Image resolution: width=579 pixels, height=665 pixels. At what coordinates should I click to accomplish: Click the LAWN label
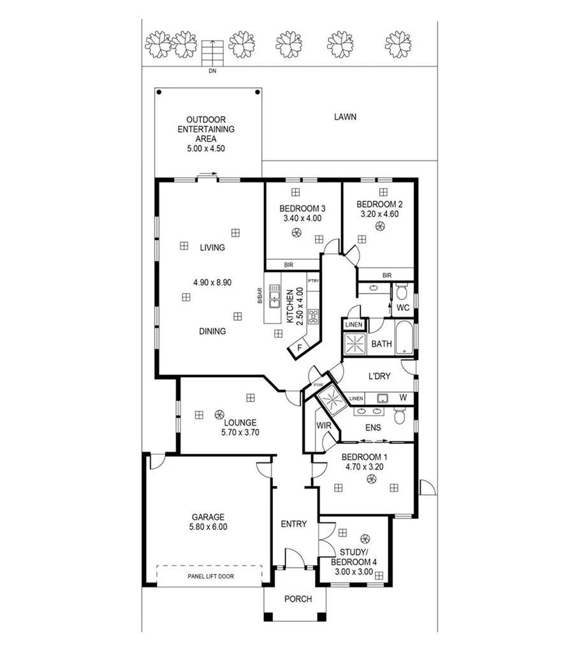pos(344,117)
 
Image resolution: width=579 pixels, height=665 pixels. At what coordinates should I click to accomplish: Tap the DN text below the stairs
pos(212,71)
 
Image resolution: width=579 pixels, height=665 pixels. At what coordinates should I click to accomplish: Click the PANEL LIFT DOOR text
pos(210,576)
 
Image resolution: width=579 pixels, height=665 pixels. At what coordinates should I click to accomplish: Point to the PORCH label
pos(298,599)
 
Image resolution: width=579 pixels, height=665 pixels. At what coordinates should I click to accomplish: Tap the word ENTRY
pos(294,524)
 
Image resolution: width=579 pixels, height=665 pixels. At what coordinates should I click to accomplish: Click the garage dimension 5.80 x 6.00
pos(208,527)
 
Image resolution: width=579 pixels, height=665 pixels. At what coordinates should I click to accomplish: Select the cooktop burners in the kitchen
pos(313,316)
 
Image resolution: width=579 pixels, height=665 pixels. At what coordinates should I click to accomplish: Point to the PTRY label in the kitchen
pos(313,280)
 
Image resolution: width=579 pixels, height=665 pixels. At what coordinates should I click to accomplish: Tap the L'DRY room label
pos(379,376)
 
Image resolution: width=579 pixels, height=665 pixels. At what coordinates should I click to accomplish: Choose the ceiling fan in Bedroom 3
pos(296,233)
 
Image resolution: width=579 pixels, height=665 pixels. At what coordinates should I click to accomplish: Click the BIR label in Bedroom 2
pos(386,275)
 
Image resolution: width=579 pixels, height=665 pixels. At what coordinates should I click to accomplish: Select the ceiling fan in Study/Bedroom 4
pos(365,538)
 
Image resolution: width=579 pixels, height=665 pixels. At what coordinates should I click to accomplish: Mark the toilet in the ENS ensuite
pos(400,417)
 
